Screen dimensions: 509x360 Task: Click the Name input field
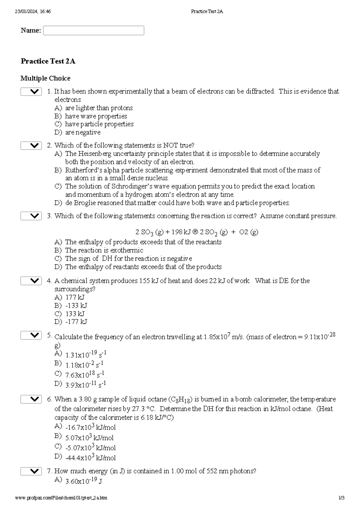[x=94, y=31]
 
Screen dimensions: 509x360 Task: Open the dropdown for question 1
[x=31, y=92]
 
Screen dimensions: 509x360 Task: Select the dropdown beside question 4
[x=31, y=281]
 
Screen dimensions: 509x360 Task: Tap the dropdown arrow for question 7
[x=31, y=472]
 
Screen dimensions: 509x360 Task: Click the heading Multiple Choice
[x=45, y=78]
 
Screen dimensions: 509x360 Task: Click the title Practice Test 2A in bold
[x=48, y=61]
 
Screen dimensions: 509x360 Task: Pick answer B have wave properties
[x=96, y=116]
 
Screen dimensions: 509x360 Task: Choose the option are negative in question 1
[x=83, y=132]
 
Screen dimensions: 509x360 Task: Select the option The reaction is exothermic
[x=104, y=250]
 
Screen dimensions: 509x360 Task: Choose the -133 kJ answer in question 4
[x=76, y=305]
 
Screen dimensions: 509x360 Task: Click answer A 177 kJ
[x=75, y=297]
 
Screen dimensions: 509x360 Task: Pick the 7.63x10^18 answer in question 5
[x=85, y=374]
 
